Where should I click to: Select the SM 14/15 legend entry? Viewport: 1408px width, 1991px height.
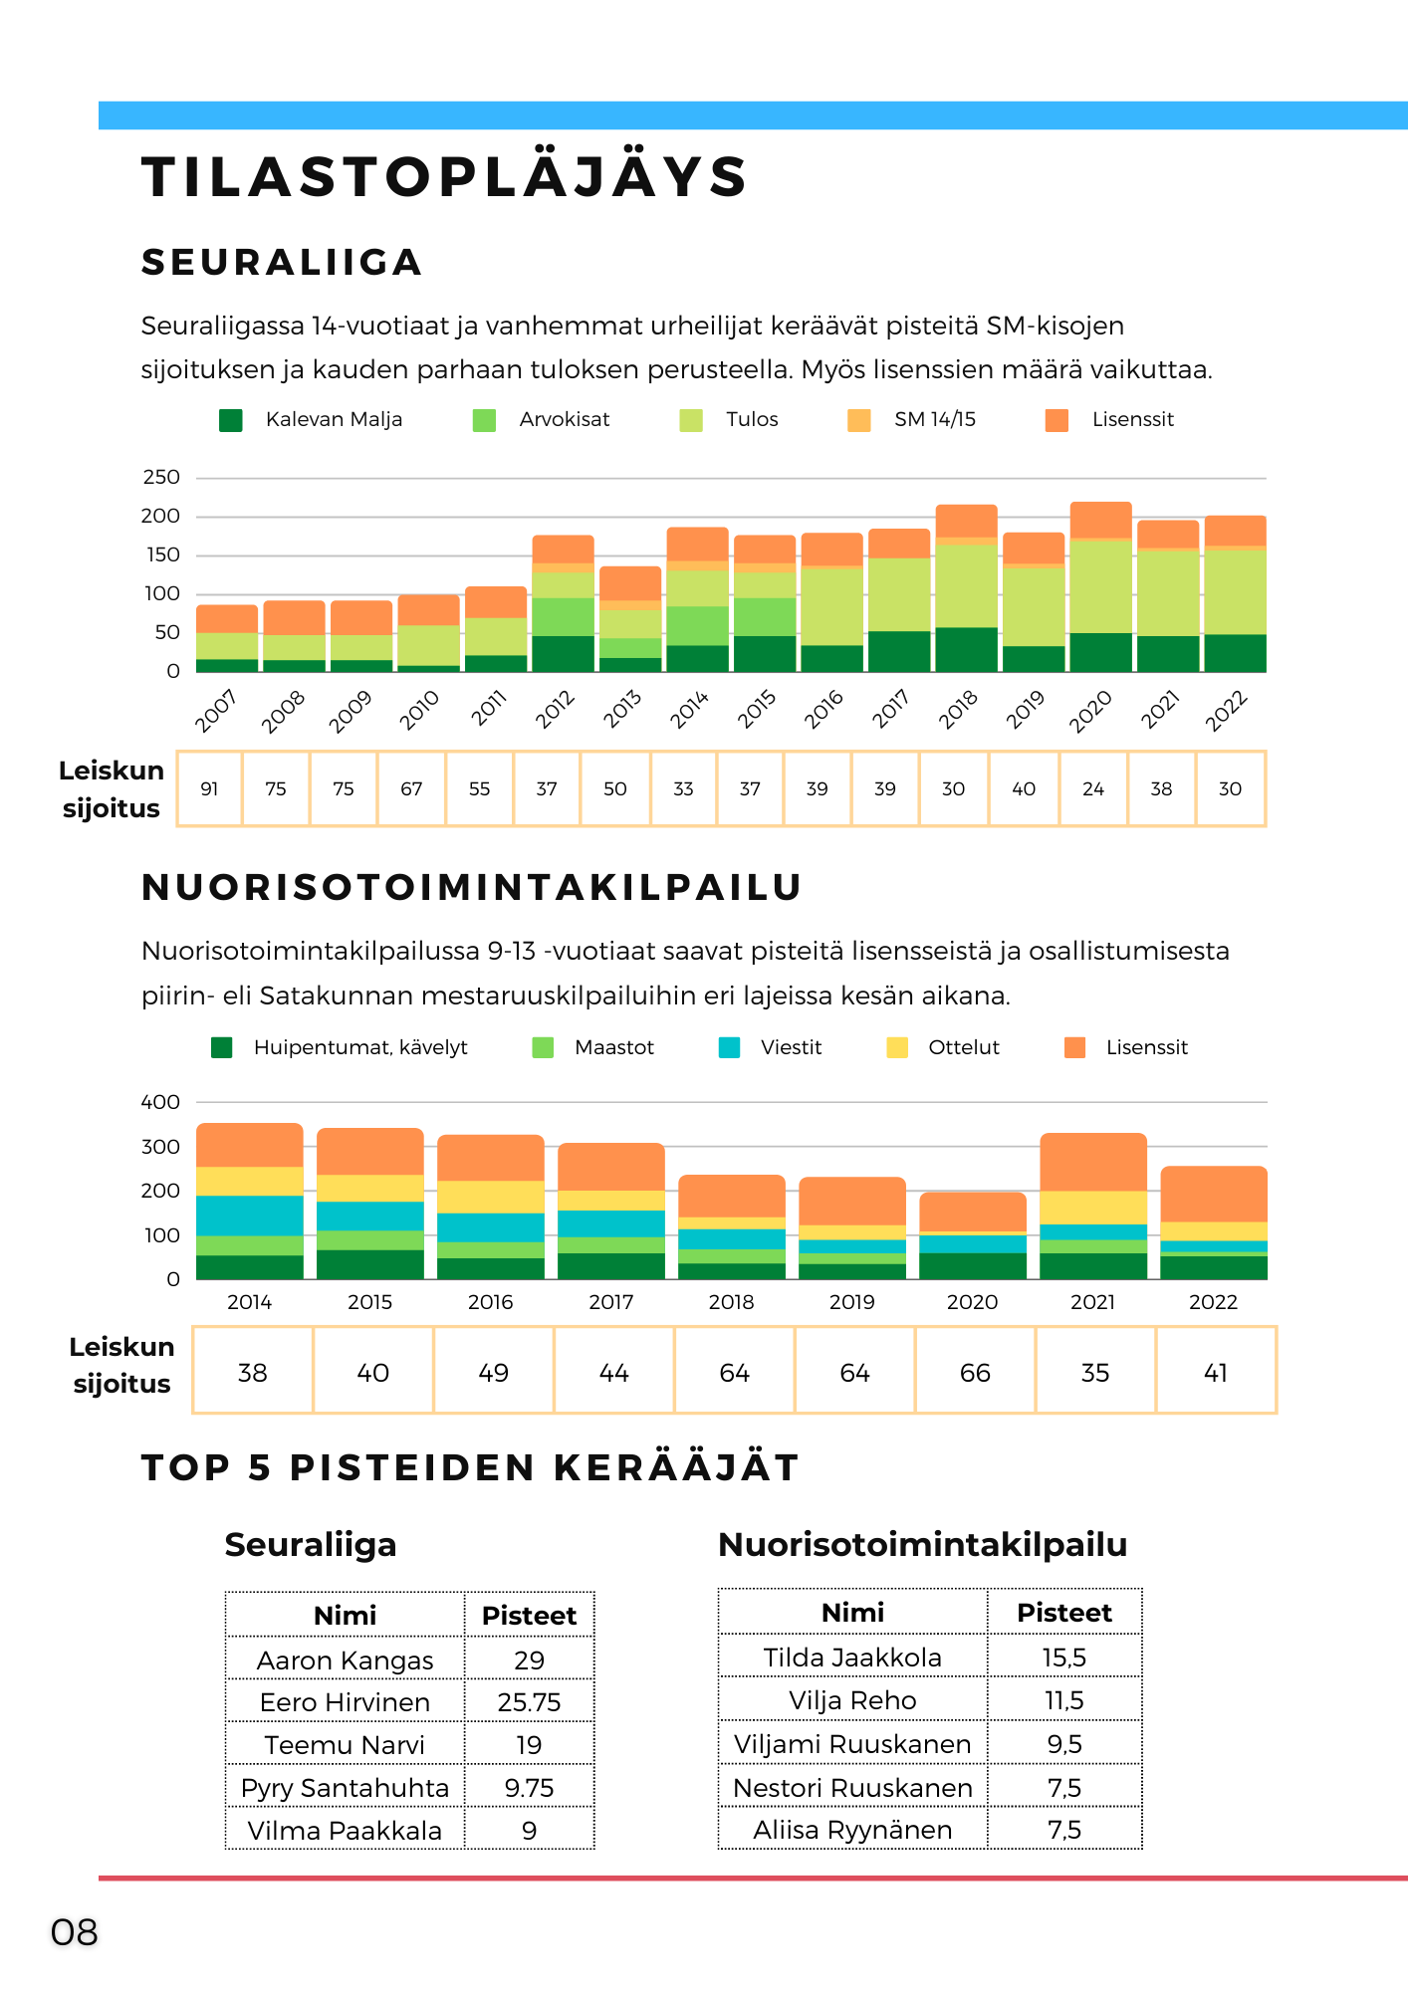tap(911, 420)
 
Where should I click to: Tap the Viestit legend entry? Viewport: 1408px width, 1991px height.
tap(771, 1047)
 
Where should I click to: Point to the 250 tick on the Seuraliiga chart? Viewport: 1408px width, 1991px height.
tap(161, 477)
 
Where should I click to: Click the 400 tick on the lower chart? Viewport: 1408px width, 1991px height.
tap(160, 1102)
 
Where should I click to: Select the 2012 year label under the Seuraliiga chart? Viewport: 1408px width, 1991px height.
tap(556, 710)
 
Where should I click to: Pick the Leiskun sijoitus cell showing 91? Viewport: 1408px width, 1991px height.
tap(209, 788)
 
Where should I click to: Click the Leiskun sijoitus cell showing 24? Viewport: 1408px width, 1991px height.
tap(1093, 788)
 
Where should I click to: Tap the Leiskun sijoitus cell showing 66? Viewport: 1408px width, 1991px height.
tap(975, 1373)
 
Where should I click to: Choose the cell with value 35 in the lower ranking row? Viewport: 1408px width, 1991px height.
tap(1095, 1373)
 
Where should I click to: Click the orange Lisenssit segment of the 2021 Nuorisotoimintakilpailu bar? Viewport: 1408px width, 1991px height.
tap(1093, 1162)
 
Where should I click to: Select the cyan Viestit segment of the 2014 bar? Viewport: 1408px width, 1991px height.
tap(250, 1216)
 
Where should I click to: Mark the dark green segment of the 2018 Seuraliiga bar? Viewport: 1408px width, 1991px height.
tap(966, 649)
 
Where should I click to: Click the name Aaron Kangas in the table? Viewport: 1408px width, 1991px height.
tap(345, 1660)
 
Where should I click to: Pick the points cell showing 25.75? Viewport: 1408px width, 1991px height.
tap(529, 1702)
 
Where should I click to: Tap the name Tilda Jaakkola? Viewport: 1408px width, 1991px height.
tap(852, 1658)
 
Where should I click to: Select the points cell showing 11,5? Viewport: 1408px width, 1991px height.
tap(1064, 1700)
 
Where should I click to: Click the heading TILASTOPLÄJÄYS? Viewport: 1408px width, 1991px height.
tap(444, 177)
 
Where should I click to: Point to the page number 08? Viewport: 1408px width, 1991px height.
tap(75, 1932)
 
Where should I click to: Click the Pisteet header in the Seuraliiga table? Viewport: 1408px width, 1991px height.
tap(529, 1615)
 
